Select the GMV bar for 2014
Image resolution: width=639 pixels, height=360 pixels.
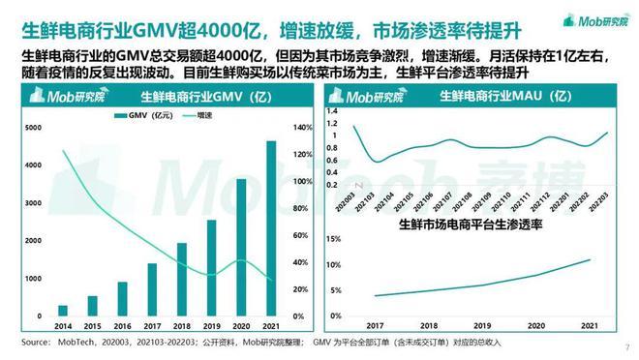[x=63, y=311]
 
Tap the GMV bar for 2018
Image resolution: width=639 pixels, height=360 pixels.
[x=182, y=280]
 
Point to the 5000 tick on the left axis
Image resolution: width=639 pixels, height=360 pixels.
[x=32, y=128]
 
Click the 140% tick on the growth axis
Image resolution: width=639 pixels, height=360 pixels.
[x=301, y=128]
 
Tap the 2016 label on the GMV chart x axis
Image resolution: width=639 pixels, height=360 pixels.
[x=123, y=327]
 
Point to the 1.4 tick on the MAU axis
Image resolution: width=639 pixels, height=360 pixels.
[x=333, y=110]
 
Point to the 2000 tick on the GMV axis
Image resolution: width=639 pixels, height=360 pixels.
[x=32, y=241]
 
